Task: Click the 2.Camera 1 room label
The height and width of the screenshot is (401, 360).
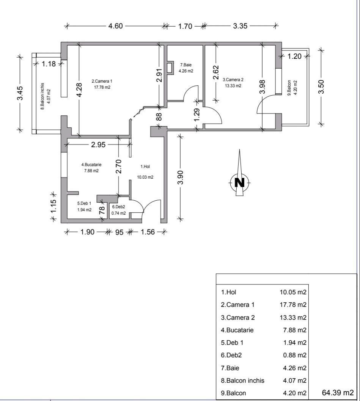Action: pyautogui.click(x=102, y=81)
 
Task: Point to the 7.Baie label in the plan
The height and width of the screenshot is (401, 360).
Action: pyautogui.click(x=186, y=65)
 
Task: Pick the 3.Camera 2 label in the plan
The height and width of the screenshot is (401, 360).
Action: pyautogui.click(x=233, y=80)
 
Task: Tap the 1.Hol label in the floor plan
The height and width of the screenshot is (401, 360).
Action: pyautogui.click(x=145, y=167)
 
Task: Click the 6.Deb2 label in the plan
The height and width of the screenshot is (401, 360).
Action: pyautogui.click(x=118, y=207)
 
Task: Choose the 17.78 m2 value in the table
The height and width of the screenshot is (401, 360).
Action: pyautogui.click(x=293, y=305)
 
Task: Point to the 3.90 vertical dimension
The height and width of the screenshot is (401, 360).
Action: pyautogui.click(x=181, y=177)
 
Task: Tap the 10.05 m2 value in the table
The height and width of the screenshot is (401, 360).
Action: pyautogui.click(x=293, y=292)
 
